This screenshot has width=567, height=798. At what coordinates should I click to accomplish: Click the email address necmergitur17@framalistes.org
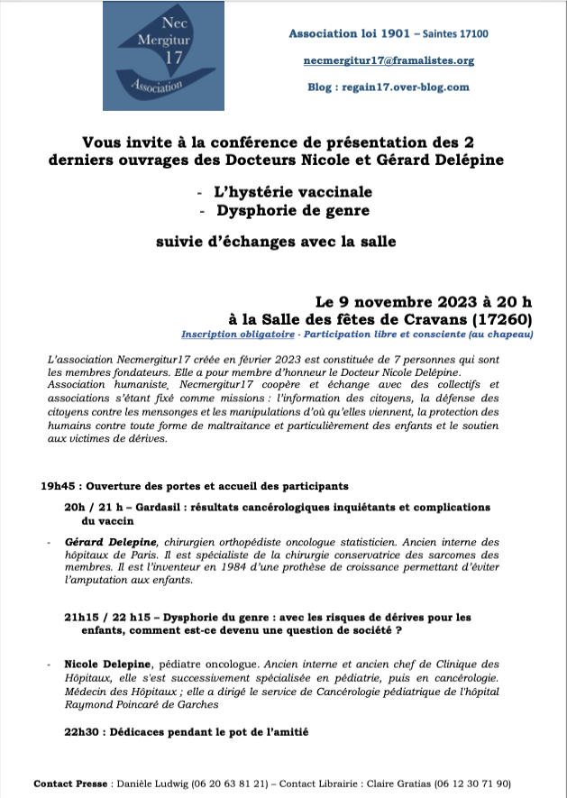389,60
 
